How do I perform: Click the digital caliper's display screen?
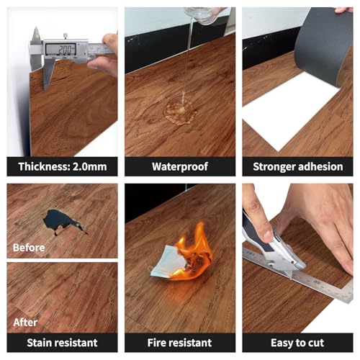click(x=61, y=50)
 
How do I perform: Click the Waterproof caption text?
click(x=180, y=167)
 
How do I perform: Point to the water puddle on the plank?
click(x=180, y=112)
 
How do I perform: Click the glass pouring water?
click(x=204, y=15)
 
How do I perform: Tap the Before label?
click(x=29, y=248)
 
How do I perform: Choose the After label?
click(x=25, y=323)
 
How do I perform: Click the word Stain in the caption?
click(x=39, y=343)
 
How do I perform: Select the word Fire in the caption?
click(x=156, y=343)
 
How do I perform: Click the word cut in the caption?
click(x=315, y=343)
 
